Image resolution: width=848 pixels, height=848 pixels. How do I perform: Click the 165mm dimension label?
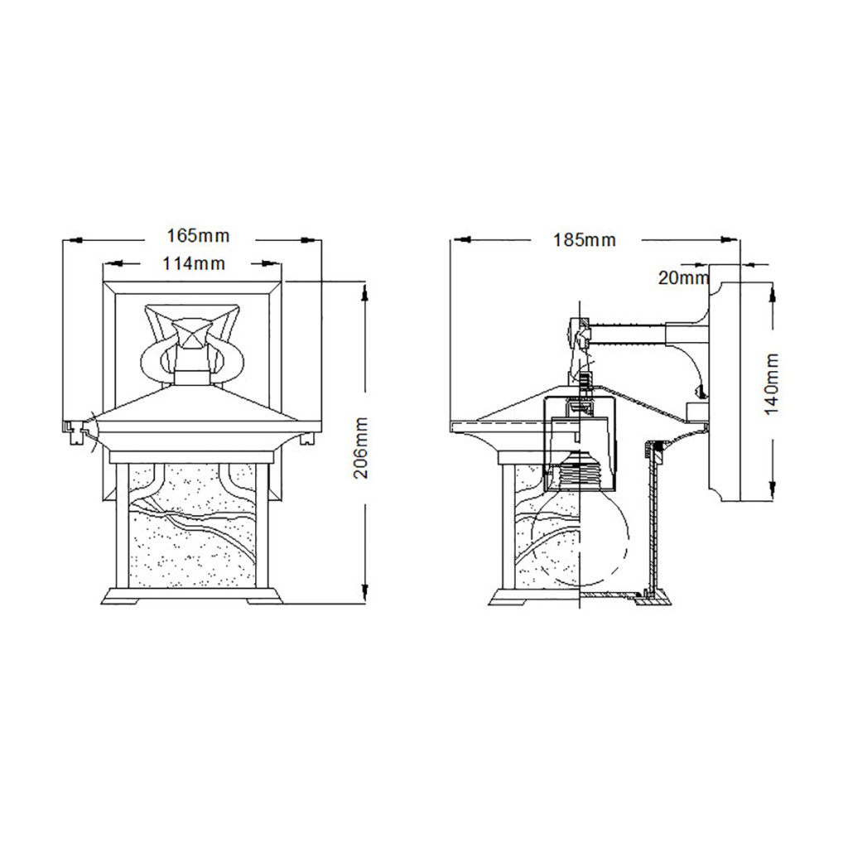click(x=198, y=236)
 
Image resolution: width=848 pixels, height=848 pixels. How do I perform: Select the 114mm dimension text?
click(x=194, y=263)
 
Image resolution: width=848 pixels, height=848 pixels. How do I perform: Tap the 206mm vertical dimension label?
click(x=361, y=448)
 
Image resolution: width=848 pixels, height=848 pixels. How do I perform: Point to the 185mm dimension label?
click(x=584, y=239)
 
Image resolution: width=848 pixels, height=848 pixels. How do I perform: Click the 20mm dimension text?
click(x=683, y=278)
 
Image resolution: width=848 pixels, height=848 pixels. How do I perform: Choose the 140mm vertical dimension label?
click(x=772, y=384)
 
